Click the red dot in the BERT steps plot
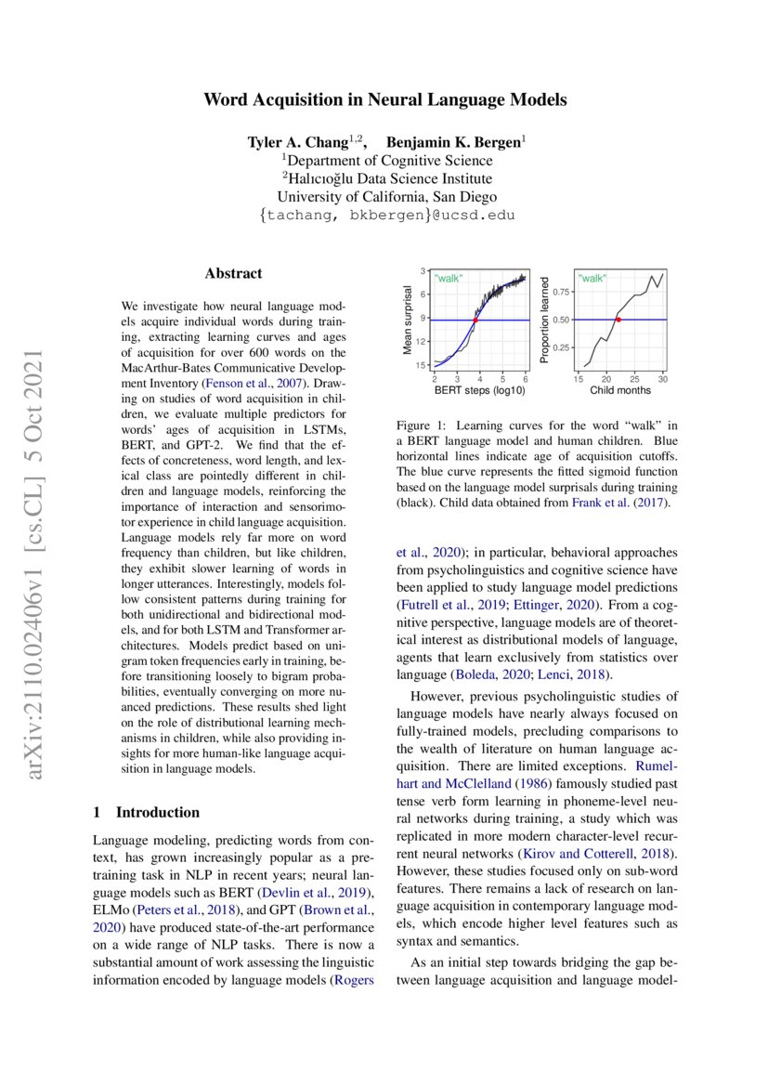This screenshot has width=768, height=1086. pyautogui.click(x=475, y=320)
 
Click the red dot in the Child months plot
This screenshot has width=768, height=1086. pyautogui.click(x=618, y=320)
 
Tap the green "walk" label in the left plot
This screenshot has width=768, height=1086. pyautogui.click(x=449, y=279)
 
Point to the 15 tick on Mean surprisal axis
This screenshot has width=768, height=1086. pyautogui.click(x=422, y=365)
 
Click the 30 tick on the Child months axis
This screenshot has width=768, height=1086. pyautogui.click(x=662, y=379)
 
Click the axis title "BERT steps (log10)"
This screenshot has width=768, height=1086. pyautogui.click(x=479, y=390)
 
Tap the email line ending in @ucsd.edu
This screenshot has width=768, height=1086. pyautogui.click(x=384, y=215)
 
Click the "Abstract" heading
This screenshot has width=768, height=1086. pyautogui.click(x=233, y=273)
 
